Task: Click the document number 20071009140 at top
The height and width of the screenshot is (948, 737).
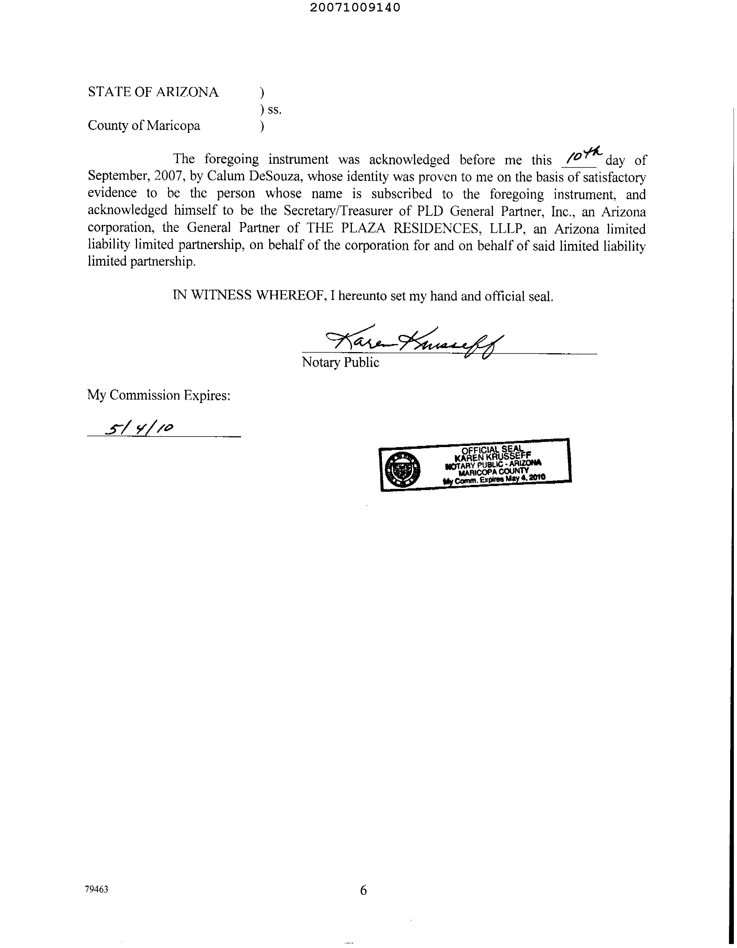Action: pos(355,7)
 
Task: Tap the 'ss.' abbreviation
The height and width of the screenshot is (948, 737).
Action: pos(274,110)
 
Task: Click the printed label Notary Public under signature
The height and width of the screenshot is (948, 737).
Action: pos(340,362)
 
